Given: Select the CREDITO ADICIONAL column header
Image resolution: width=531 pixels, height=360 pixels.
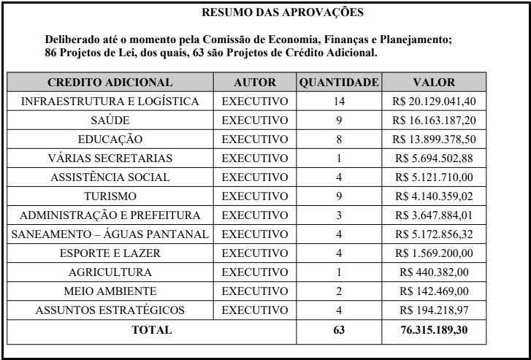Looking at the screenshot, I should (x=110, y=83).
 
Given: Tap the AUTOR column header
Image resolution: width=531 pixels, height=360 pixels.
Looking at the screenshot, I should (x=255, y=83).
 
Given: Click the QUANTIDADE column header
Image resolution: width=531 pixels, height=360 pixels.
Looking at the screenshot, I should (x=338, y=83).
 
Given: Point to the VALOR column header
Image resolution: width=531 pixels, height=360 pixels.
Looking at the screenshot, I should (x=434, y=83).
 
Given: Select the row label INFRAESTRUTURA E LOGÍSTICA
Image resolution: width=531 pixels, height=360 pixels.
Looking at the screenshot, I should (x=110, y=102).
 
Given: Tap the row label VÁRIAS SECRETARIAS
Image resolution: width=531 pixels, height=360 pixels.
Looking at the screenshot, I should (x=110, y=158).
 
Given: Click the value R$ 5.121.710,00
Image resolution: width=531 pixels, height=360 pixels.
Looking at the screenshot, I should (x=434, y=177).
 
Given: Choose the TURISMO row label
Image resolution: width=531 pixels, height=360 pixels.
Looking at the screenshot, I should (x=110, y=196).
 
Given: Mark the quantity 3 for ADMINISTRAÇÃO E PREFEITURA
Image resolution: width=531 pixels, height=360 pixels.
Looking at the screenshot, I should (x=338, y=215).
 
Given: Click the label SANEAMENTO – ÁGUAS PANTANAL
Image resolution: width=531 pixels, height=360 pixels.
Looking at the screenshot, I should (x=110, y=234).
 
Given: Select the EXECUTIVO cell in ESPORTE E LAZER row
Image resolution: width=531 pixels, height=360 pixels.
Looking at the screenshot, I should (x=255, y=253).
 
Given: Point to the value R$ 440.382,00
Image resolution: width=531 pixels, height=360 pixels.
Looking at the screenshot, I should (x=434, y=272).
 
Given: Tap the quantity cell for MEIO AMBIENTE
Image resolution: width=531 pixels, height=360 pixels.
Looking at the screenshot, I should (x=338, y=291).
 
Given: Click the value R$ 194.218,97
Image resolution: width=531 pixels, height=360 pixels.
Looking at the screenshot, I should (x=434, y=310).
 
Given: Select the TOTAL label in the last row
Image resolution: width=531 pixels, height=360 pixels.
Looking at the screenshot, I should (x=151, y=330).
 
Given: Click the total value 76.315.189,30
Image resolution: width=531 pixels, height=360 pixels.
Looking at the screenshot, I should (x=434, y=330).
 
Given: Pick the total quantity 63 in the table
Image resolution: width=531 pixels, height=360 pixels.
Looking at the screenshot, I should (x=338, y=330).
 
